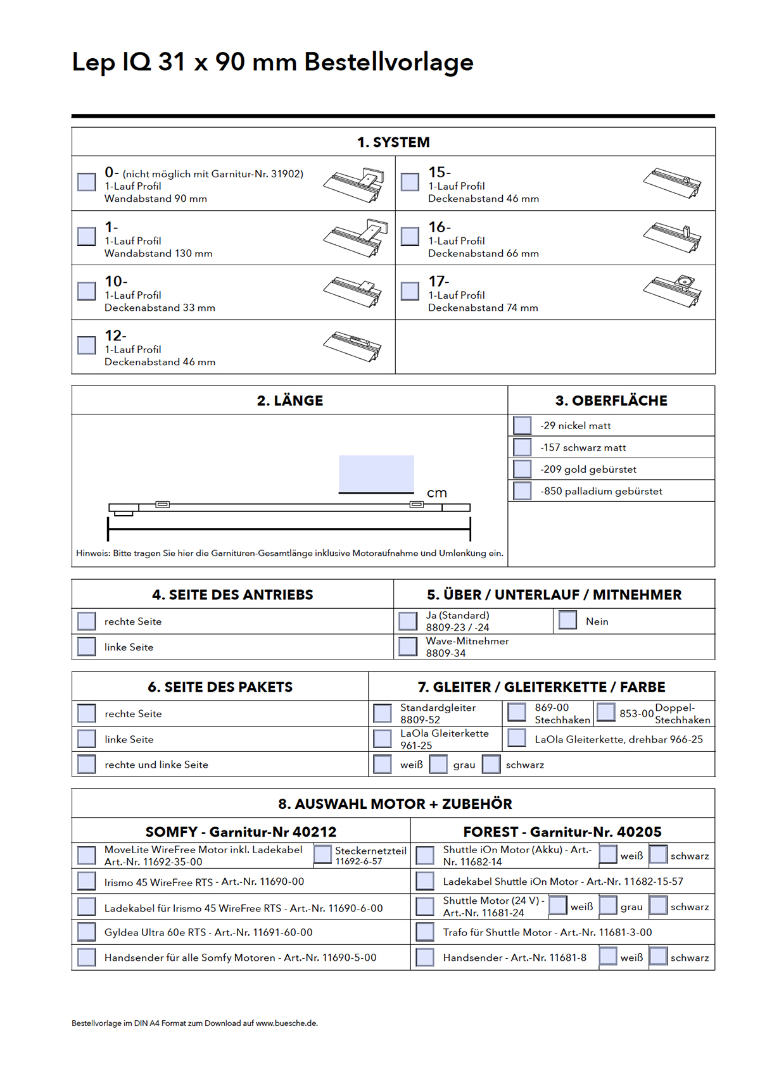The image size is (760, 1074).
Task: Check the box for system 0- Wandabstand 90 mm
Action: (x=86, y=182)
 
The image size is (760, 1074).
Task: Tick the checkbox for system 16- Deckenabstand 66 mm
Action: (x=410, y=237)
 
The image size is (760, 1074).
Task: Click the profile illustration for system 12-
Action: (x=353, y=346)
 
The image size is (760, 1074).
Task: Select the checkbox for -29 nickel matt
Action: (x=522, y=425)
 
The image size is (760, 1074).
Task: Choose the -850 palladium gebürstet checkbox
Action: (x=522, y=491)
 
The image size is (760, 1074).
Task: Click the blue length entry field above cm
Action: (x=376, y=473)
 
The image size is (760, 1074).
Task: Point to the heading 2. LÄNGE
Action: (x=290, y=401)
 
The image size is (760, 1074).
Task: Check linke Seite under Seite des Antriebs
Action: (x=86, y=647)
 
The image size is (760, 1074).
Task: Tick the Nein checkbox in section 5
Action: (x=568, y=620)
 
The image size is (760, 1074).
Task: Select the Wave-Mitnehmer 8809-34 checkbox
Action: (x=408, y=647)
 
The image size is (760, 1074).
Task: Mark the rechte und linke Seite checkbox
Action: (x=86, y=765)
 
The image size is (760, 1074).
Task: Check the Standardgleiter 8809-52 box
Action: (x=383, y=713)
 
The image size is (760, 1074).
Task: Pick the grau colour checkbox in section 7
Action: (x=438, y=765)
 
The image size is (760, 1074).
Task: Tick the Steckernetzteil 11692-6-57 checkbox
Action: (x=323, y=854)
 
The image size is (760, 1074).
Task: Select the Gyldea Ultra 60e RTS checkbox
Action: (x=86, y=932)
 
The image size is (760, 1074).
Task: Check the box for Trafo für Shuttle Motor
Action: (x=425, y=932)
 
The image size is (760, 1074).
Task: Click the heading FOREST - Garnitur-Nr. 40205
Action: (x=562, y=832)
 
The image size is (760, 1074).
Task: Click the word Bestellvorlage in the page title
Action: (x=389, y=62)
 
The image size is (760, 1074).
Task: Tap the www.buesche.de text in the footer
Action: (x=286, y=1023)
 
